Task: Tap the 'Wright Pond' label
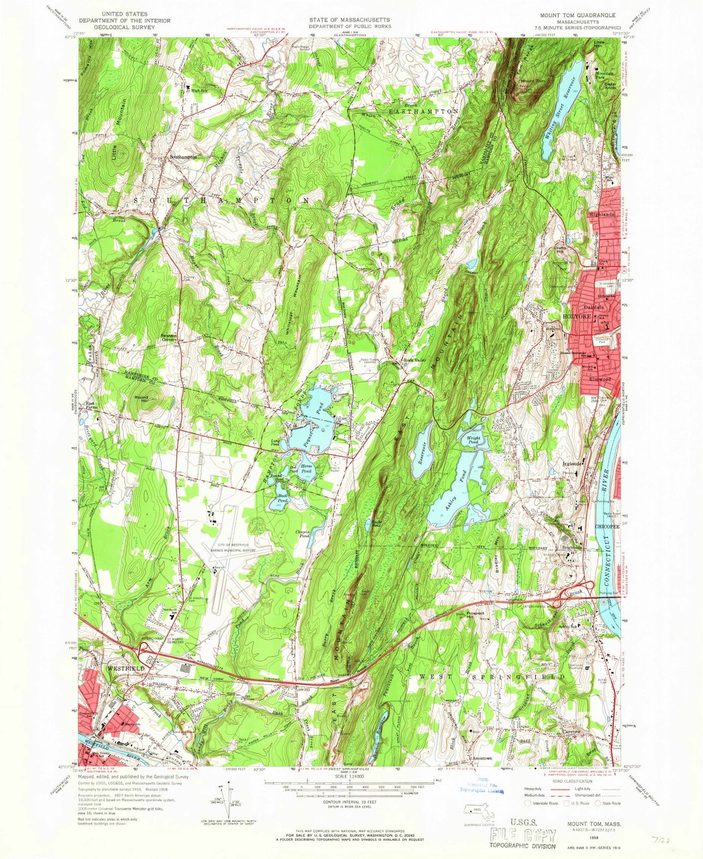click(474, 440)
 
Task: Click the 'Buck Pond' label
click(283, 498)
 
